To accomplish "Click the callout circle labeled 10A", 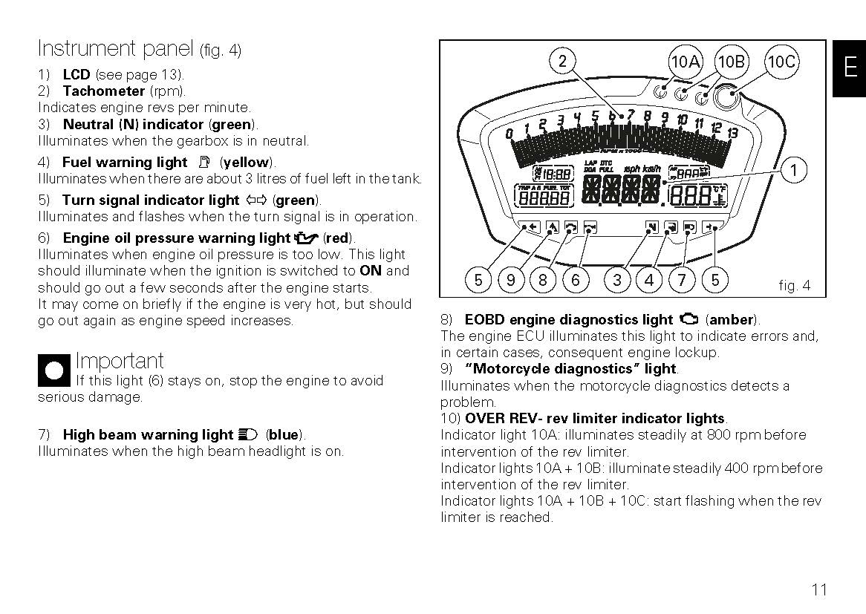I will click(684, 62).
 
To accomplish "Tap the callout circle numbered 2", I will click(562, 62).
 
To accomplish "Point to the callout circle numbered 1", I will click(793, 171).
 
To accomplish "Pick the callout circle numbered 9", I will click(511, 280).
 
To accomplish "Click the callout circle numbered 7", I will click(682, 280).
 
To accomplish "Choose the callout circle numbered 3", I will click(617, 280).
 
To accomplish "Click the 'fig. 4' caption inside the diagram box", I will click(794, 285).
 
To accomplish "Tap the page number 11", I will click(818, 590).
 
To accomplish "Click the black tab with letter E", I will click(850, 68).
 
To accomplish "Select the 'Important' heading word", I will click(120, 362).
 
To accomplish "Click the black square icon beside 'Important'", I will click(54, 370).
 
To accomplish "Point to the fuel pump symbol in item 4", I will click(205, 162).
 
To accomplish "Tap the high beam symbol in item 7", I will click(249, 435).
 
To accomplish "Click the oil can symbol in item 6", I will click(306, 238).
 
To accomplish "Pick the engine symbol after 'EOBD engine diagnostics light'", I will click(688, 320).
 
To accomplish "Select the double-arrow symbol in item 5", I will click(256, 200).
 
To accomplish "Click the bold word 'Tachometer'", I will click(104, 91).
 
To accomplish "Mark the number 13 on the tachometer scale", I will click(732, 134).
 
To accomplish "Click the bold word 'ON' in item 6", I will click(370, 271).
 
